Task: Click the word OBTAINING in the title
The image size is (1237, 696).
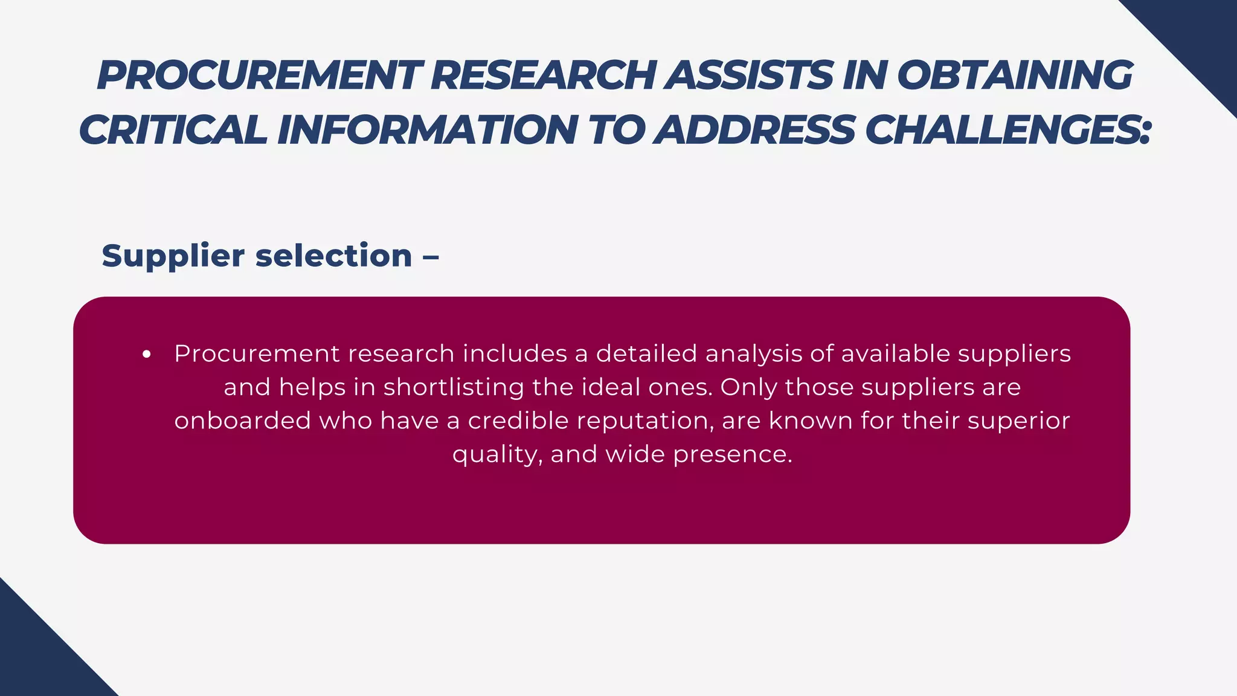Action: click(1014, 76)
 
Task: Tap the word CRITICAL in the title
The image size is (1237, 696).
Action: click(173, 130)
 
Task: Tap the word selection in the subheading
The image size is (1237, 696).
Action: click(333, 256)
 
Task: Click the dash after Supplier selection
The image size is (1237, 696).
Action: click(430, 256)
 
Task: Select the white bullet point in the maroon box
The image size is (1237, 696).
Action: click(146, 355)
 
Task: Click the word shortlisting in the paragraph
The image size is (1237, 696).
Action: click(453, 387)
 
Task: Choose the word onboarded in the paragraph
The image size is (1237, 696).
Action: click(242, 420)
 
